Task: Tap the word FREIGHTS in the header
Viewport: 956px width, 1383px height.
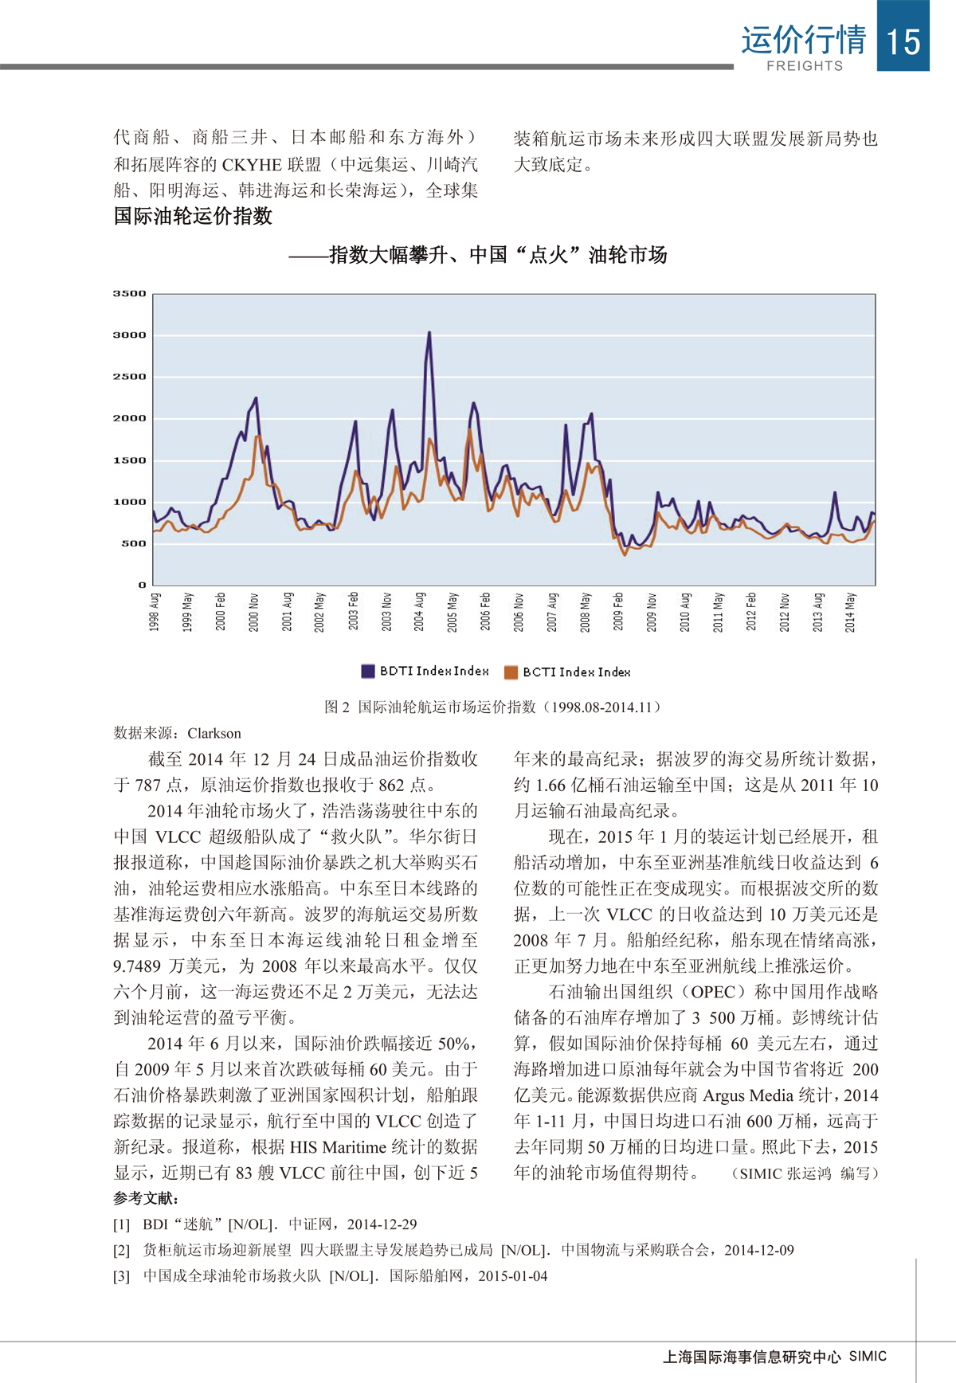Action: pyautogui.click(x=805, y=66)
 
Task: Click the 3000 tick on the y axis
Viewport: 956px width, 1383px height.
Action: pyautogui.click(x=129, y=335)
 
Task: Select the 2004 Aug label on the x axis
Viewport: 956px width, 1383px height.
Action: pyautogui.click(x=419, y=611)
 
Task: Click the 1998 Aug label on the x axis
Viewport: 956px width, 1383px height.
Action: pyautogui.click(x=155, y=611)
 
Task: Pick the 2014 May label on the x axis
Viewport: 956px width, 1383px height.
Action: pyautogui.click(x=850, y=611)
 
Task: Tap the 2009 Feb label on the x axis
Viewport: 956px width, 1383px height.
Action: pyautogui.click(x=618, y=611)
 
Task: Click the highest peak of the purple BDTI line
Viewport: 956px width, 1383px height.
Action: pyautogui.click(x=429, y=333)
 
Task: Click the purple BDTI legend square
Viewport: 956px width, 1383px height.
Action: pyautogui.click(x=368, y=671)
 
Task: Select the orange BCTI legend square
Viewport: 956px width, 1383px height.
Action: pyautogui.click(x=511, y=672)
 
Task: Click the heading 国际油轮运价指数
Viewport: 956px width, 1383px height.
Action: pyautogui.click(x=193, y=216)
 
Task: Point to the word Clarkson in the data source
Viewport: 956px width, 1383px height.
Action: pyautogui.click(x=214, y=733)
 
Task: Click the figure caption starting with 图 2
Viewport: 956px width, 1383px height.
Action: pyautogui.click(x=492, y=707)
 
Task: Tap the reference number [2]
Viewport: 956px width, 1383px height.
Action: pyautogui.click(x=121, y=1250)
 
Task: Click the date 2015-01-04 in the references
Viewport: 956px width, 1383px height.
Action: pyautogui.click(x=513, y=1275)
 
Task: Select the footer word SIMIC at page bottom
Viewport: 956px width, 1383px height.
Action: pyautogui.click(x=868, y=1356)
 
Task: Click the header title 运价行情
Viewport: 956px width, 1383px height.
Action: pyautogui.click(x=803, y=40)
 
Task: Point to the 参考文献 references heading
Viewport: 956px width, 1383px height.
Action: pyautogui.click(x=146, y=1198)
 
